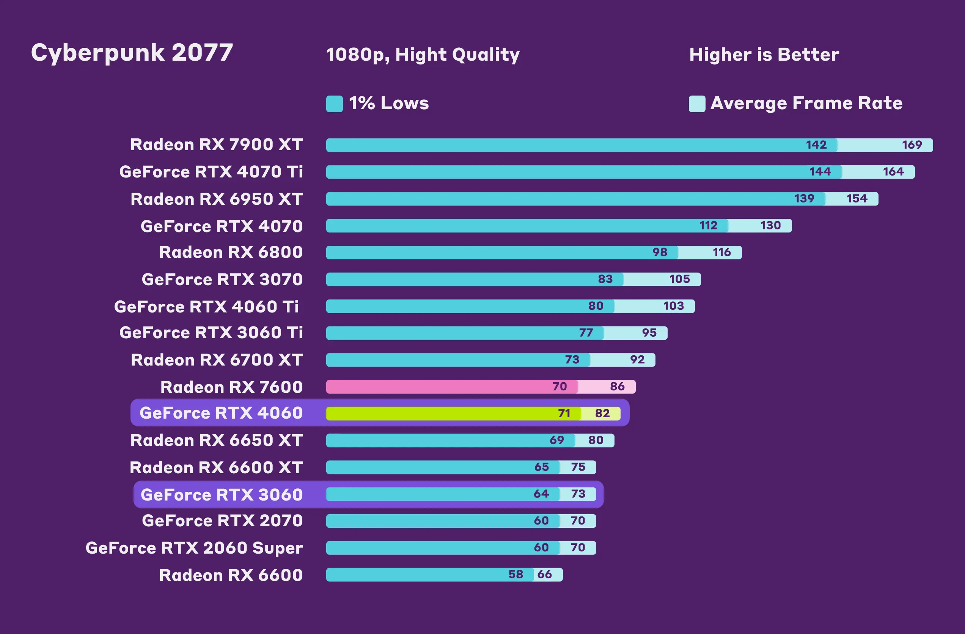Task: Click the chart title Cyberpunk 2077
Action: click(132, 53)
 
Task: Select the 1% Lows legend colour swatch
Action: click(334, 104)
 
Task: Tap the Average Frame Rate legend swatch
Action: click(696, 104)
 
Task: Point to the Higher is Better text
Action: click(764, 55)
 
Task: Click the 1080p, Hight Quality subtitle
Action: click(423, 55)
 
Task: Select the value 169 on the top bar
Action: click(912, 145)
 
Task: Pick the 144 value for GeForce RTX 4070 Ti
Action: click(820, 171)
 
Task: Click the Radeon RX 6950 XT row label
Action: click(217, 199)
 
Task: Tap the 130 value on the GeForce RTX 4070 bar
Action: click(770, 225)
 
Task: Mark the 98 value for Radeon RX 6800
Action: click(660, 252)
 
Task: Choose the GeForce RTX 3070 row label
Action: click(222, 279)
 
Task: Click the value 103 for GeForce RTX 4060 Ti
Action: click(673, 306)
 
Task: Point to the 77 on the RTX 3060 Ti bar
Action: click(586, 333)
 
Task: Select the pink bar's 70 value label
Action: click(560, 386)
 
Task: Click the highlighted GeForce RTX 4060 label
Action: click(221, 413)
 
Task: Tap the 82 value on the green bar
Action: click(602, 413)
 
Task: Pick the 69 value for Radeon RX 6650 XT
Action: click(557, 440)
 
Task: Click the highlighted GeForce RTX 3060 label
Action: click(222, 494)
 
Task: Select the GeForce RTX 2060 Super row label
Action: click(194, 548)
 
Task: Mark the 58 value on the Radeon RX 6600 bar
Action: click(516, 574)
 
